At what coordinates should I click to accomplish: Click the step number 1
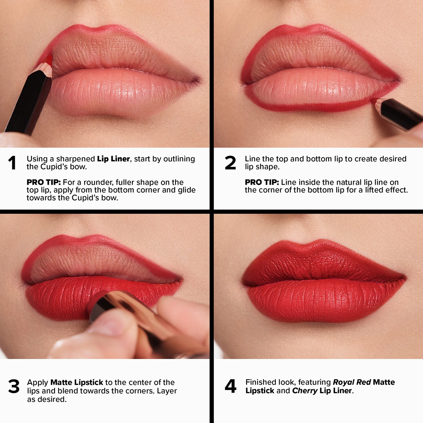click(x=12, y=163)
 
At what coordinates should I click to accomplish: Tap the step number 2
click(x=230, y=163)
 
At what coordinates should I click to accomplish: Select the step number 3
click(x=14, y=386)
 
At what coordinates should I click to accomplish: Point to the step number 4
click(x=231, y=386)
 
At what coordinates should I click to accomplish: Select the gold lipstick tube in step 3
click(x=147, y=324)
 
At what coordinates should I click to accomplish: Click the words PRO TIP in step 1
click(x=44, y=182)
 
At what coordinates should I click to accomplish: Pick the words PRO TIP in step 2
click(x=262, y=182)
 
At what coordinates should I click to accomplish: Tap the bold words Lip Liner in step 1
click(x=113, y=159)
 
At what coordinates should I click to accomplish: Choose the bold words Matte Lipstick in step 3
click(x=77, y=382)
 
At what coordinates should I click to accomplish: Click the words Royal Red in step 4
click(x=352, y=382)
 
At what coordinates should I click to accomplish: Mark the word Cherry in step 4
click(x=305, y=391)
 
